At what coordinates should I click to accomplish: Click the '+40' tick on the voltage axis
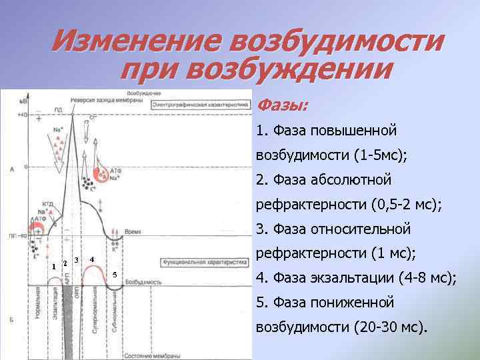(x=23, y=115)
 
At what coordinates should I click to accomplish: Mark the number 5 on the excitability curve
(x=115, y=275)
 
